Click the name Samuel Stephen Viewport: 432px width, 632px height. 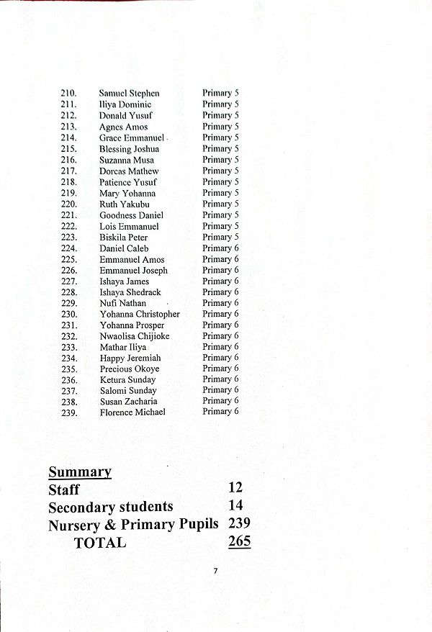[129, 94]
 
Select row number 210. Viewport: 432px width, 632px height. [68, 94]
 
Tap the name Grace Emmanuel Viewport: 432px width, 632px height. [132, 137]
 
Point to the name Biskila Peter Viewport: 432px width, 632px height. [123, 238]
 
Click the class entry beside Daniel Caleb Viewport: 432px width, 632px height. [220, 248]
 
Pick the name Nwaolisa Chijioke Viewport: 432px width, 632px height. [134, 336]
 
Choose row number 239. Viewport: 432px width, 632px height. [68, 412]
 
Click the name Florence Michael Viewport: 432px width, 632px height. [132, 412]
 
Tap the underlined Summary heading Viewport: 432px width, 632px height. [80, 472]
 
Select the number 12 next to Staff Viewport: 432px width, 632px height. [235, 488]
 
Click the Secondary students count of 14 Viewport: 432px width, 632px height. [235, 506]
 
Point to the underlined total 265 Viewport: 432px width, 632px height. [239, 541]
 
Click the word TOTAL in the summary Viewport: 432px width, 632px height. [100, 543]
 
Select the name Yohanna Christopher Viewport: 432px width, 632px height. [139, 315]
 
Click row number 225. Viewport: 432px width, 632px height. [68, 260]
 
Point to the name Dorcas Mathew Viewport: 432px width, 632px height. [128, 171]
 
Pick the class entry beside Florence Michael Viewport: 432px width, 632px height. [220, 412]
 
